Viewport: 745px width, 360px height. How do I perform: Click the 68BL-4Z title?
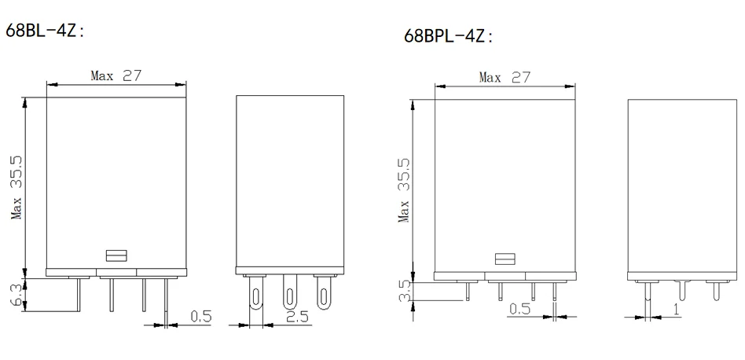click(x=44, y=31)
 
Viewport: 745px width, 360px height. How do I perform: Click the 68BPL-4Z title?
click(x=448, y=36)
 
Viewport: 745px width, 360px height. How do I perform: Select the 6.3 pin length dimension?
click(x=17, y=296)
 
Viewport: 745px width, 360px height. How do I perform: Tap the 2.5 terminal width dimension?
click(x=297, y=316)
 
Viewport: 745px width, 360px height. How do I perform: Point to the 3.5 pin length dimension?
click(x=405, y=291)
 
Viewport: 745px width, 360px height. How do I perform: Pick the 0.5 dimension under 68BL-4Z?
click(x=200, y=316)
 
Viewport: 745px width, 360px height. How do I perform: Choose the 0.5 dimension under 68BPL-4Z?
click(x=519, y=309)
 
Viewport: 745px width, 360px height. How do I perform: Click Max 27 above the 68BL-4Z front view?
click(x=116, y=75)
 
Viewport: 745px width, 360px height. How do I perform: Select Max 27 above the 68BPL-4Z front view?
click(x=504, y=77)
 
